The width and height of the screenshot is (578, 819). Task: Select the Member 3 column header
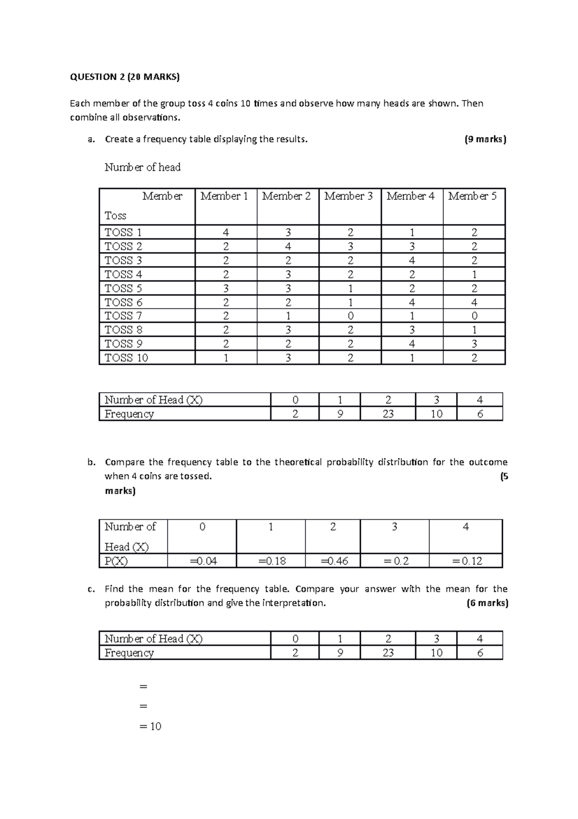pos(349,196)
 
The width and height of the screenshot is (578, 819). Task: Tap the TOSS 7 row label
pos(123,316)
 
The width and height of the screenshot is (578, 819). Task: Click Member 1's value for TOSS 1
pos(225,232)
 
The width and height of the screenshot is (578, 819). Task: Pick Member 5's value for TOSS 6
pos(474,302)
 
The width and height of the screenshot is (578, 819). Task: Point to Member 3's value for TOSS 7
pos(350,316)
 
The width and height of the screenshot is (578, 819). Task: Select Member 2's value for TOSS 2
pos(288,246)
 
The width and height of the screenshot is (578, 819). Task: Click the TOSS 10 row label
pos(126,358)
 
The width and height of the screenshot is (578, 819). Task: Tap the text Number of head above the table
pos(143,167)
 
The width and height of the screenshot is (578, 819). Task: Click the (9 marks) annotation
pos(485,139)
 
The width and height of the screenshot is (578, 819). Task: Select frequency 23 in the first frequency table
pos(388,414)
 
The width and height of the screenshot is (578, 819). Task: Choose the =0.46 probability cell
pos(334,561)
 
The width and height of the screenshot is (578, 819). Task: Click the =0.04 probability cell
pos(203,561)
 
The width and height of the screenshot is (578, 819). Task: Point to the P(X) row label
pos(116,561)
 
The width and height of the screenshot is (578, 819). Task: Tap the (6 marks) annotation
pos(487,603)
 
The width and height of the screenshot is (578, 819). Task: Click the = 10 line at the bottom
pos(150,726)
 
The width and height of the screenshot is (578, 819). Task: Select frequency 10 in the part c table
pos(436,653)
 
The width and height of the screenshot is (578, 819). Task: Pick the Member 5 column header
pos(473,196)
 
